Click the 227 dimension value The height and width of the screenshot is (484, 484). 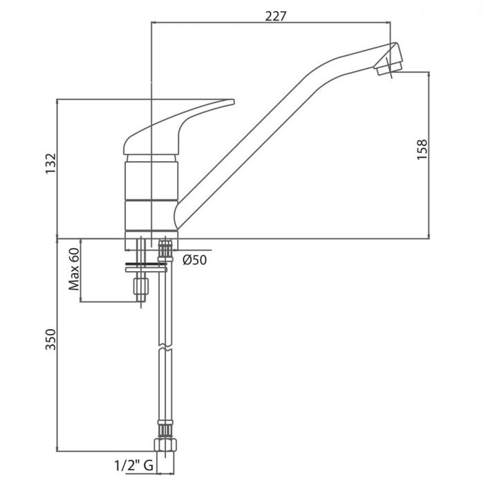[x=276, y=15]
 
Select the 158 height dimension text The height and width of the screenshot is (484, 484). [x=422, y=150]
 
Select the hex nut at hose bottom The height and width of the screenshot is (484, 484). [x=165, y=445]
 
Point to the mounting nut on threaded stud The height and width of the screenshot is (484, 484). [x=142, y=283]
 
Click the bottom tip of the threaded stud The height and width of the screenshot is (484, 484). [x=142, y=300]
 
